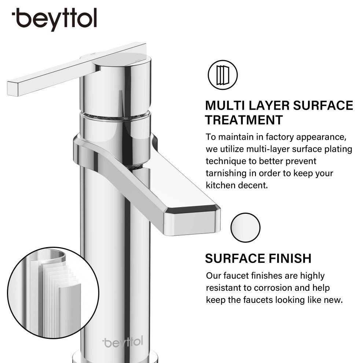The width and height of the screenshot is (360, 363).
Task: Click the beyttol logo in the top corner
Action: pos(54,19)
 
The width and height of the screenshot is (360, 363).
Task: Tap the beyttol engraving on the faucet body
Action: pos(123,342)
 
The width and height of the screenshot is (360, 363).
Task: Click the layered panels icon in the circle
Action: pos(223,75)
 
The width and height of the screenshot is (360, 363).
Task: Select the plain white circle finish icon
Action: pos(245,228)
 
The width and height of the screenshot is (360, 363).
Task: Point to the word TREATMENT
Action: pos(244,120)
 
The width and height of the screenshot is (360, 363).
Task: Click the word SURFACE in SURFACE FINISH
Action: pos(235,258)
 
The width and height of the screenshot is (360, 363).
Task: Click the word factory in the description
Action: pos(280,137)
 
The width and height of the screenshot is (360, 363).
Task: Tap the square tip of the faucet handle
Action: pos(13,89)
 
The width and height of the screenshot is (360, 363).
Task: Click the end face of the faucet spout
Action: pos(192,223)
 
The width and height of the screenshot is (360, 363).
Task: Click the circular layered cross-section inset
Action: pos(53,293)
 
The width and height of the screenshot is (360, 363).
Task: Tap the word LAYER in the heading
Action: pos(269,106)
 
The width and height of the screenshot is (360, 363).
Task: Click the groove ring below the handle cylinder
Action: pos(115,115)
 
